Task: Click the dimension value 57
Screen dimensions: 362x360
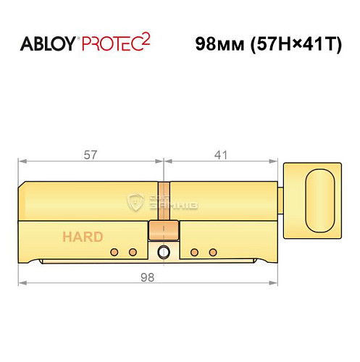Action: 91,154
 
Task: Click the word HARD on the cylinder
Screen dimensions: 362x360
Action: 82,237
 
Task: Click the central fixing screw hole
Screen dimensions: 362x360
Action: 163,252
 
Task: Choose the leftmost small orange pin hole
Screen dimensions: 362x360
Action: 114,252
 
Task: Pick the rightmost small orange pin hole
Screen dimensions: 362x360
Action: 213,252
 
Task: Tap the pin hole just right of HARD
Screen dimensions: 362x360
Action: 114,252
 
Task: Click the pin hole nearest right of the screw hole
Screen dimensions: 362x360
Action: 194,252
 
